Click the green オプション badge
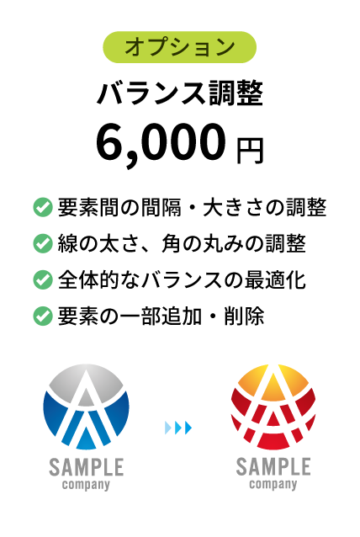[x=180, y=47]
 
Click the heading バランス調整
[x=180, y=93]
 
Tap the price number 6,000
[x=161, y=145]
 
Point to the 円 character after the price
[x=250, y=151]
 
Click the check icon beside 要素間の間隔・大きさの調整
[x=43, y=207]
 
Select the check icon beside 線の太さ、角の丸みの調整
[x=43, y=243]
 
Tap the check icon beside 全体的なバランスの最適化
[x=43, y=279]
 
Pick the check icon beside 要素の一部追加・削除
[x=43, y=316]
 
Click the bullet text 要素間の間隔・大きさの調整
[x=192, y=207]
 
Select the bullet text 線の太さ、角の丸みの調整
[x=182, y=243]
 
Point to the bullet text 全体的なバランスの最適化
[x=182, y=279]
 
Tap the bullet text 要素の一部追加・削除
[x=161, y=316]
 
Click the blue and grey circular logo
[x=87, y=407]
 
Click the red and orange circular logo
[x=273, y=407]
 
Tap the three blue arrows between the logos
[x=178, y=428]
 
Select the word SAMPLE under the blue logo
[x=87, y=467]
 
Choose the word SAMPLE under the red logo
[x=273, y=467]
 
